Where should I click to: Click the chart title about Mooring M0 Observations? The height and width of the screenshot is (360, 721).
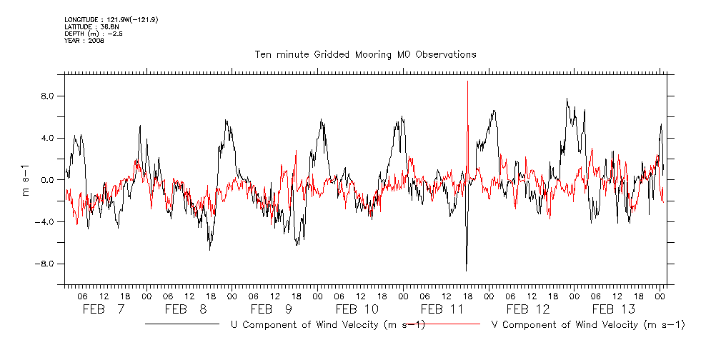(365, 54)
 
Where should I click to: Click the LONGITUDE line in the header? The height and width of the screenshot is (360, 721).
(111, 19)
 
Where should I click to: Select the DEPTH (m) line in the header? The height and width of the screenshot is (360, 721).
(94, 34)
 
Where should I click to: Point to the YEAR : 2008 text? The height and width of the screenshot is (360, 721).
(84, 41)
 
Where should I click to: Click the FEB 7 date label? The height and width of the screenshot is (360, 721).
(103, 309)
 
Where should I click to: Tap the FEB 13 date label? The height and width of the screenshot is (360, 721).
(614, 309)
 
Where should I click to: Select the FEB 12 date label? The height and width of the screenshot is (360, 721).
(528, 309)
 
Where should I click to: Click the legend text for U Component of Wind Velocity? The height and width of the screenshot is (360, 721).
(328, 325)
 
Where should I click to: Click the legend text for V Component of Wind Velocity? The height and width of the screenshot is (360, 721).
(589, 325)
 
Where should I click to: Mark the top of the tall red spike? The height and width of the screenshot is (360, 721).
(467, 81)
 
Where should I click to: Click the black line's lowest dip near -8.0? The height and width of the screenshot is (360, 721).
(466, 270)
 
